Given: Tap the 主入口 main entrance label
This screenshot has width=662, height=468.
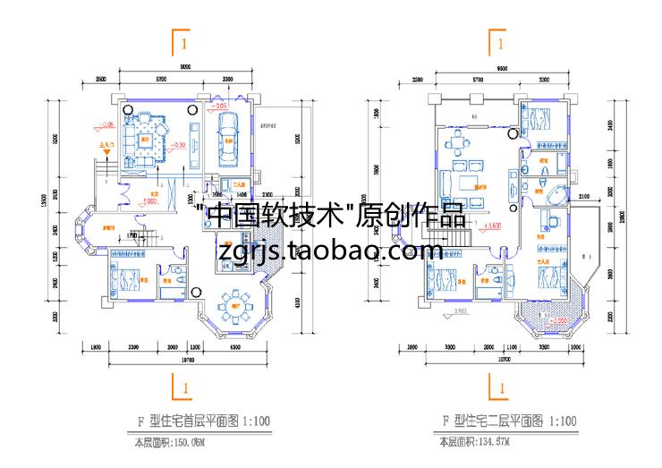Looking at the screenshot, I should pos(103,142).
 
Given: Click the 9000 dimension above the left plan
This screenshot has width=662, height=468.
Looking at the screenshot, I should pos(183,68).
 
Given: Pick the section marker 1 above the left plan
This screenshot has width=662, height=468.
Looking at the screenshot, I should pos(182,42).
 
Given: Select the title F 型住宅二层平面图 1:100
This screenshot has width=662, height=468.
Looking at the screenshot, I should pos(501,421).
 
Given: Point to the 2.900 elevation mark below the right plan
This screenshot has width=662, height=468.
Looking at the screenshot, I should pos(460,311).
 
